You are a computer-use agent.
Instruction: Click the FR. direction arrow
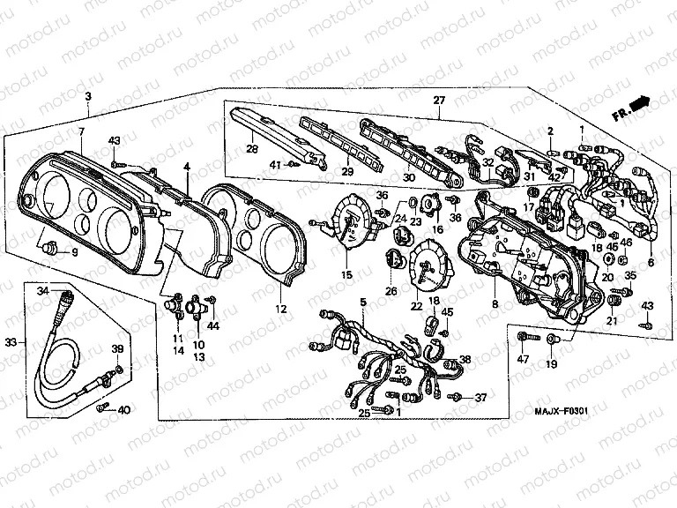pyautogui.click(x=640, y=105)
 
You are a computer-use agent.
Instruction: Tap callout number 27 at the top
pyautogui.click(x=438, y=100)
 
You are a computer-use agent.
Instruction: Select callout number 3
pyautogui.click(x=87, y=96)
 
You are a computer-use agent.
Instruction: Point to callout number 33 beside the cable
pyautogui.click(x=10, y=341)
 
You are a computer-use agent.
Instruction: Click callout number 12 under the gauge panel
pyautogui.click(x=280, y=309)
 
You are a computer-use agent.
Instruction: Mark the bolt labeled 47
pyautogui.click(x=525, y=336)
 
